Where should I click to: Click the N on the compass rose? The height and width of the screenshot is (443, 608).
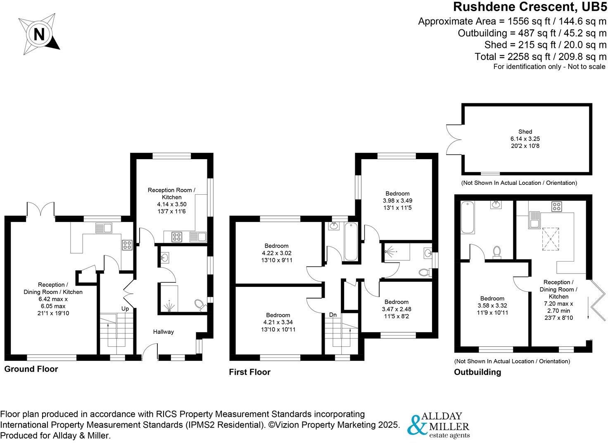39,34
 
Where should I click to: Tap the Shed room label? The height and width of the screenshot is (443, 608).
525,132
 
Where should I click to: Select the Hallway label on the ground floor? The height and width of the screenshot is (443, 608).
164,331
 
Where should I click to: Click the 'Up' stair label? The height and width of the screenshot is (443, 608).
125,309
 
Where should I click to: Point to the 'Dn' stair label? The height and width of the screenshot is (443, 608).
333,315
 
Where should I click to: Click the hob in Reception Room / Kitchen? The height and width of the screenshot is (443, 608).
177,237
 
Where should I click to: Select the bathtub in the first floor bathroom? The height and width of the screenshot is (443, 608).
351,241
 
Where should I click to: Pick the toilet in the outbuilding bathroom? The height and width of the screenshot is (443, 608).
497,252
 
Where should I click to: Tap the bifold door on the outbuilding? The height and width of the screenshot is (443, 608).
598,300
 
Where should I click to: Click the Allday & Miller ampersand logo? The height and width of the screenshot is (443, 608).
416,425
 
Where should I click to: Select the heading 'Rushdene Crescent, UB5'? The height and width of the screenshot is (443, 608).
530,7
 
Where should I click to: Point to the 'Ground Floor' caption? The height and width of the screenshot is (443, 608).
31,369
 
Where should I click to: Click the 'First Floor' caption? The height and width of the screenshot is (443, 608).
249,372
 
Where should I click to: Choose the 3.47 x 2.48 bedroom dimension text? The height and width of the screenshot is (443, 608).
397,309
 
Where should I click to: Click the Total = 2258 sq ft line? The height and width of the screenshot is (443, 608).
541,57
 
